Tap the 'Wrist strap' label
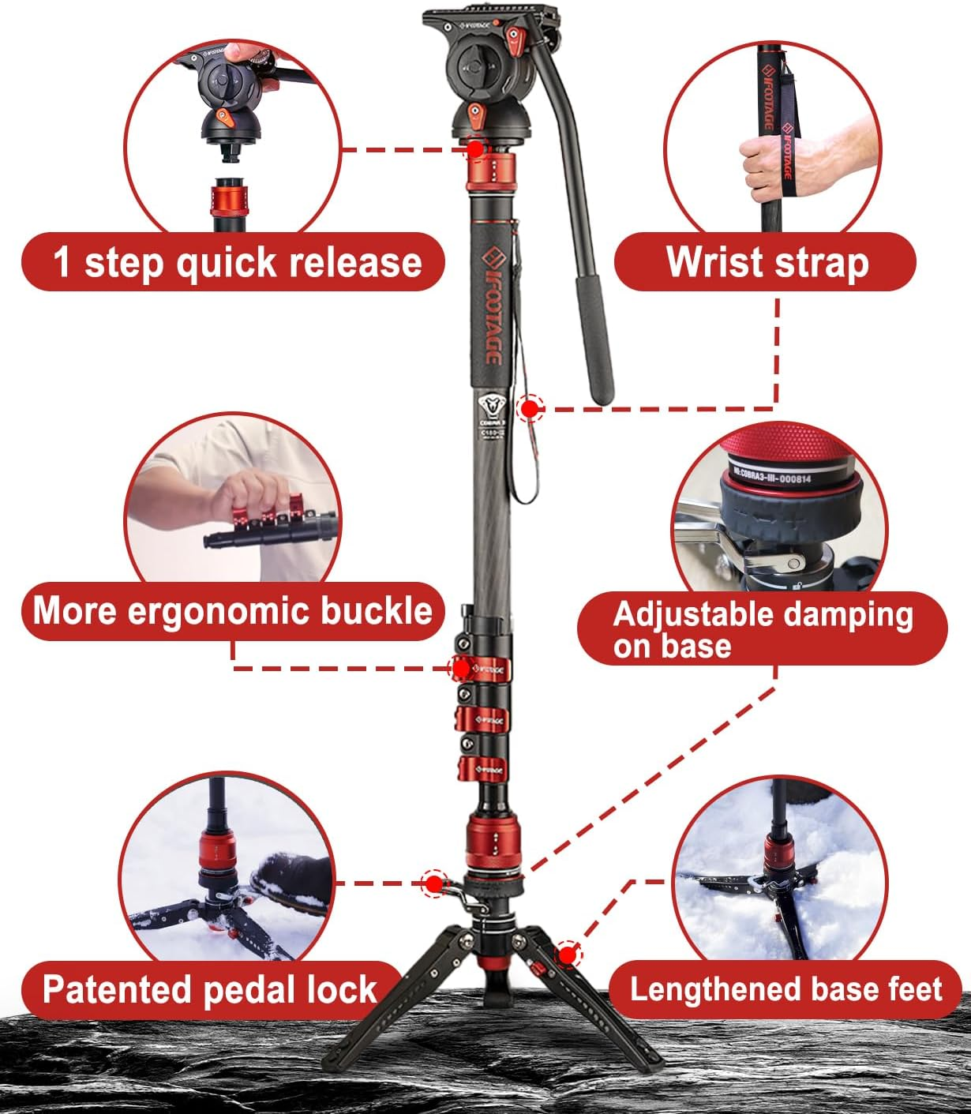coord(765,262)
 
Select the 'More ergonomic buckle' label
coord(232,611)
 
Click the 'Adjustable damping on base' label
coord(762,629)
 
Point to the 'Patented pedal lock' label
coord(209,989)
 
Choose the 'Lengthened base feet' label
coord(785,989)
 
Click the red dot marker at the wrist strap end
coord(530,408)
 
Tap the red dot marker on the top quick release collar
coord(475,148)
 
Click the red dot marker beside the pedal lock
coord(433,883)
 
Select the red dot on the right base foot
coord(566,955)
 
